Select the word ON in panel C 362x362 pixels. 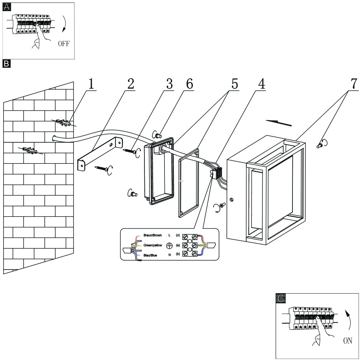point(348,341)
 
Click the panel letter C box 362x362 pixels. point(282,297)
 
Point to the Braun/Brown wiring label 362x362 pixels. point(153,235)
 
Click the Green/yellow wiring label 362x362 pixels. point(153,245)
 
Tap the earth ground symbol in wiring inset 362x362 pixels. point(170,245)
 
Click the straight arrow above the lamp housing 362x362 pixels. point(279,123)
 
